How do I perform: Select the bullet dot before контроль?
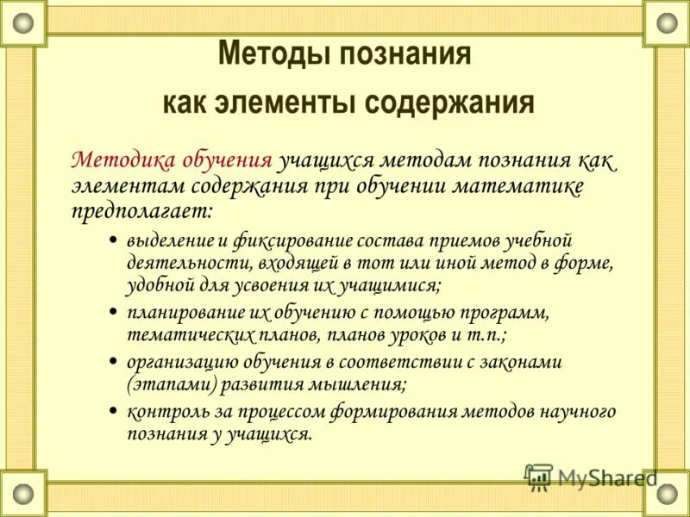point(114,411)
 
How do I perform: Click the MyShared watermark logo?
point(590,477)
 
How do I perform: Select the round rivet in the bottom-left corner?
point(22,493)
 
